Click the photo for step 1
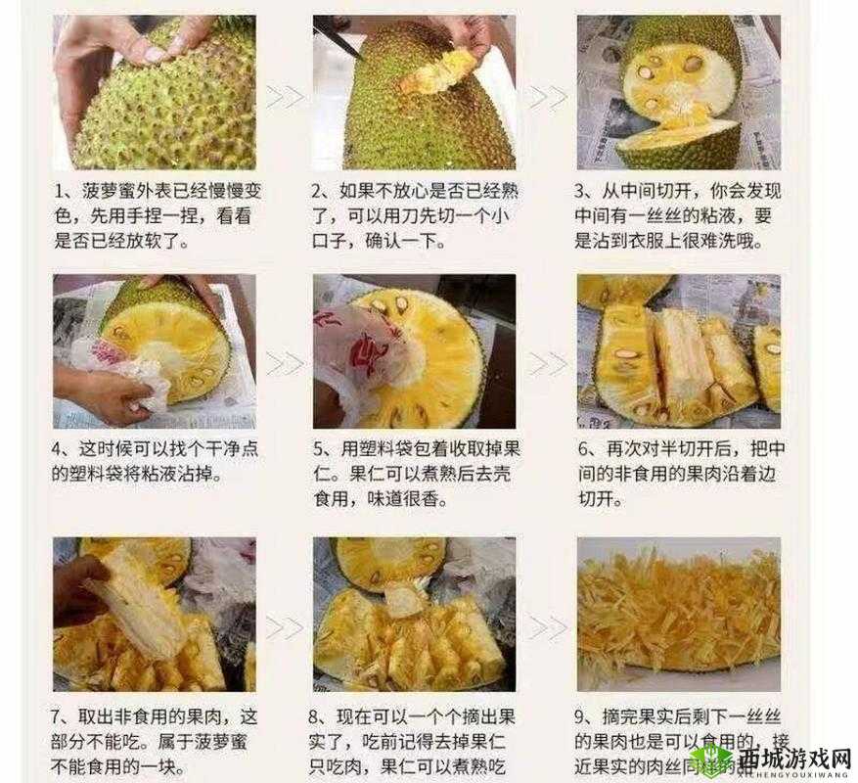point(155,92)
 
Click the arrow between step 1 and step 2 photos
point(286,97)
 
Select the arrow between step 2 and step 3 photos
point(548,97)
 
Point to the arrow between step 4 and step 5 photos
point(286,363)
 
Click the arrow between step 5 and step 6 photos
point(548,363)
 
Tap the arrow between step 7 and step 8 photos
point(286,626)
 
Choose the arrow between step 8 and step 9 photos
point(548,626)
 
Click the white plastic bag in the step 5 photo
point(357,357)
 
